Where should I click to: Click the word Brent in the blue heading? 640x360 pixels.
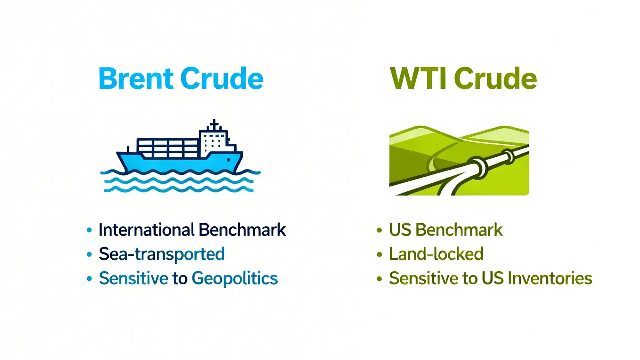point(136,78)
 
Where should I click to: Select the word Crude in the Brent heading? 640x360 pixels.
point(222,78)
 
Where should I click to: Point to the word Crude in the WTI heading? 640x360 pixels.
point(496,78)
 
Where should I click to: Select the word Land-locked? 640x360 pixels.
point(436,254)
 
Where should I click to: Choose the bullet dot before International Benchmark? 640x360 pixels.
point(89,230)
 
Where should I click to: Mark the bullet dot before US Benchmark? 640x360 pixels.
point(380,230)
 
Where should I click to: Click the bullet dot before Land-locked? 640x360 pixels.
point(380,254)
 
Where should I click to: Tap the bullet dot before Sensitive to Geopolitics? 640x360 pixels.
point(89,279)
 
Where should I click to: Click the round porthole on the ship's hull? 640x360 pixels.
point(228,160)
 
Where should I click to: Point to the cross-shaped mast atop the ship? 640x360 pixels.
point(214,125)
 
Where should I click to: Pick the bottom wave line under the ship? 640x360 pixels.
point(179,189)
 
